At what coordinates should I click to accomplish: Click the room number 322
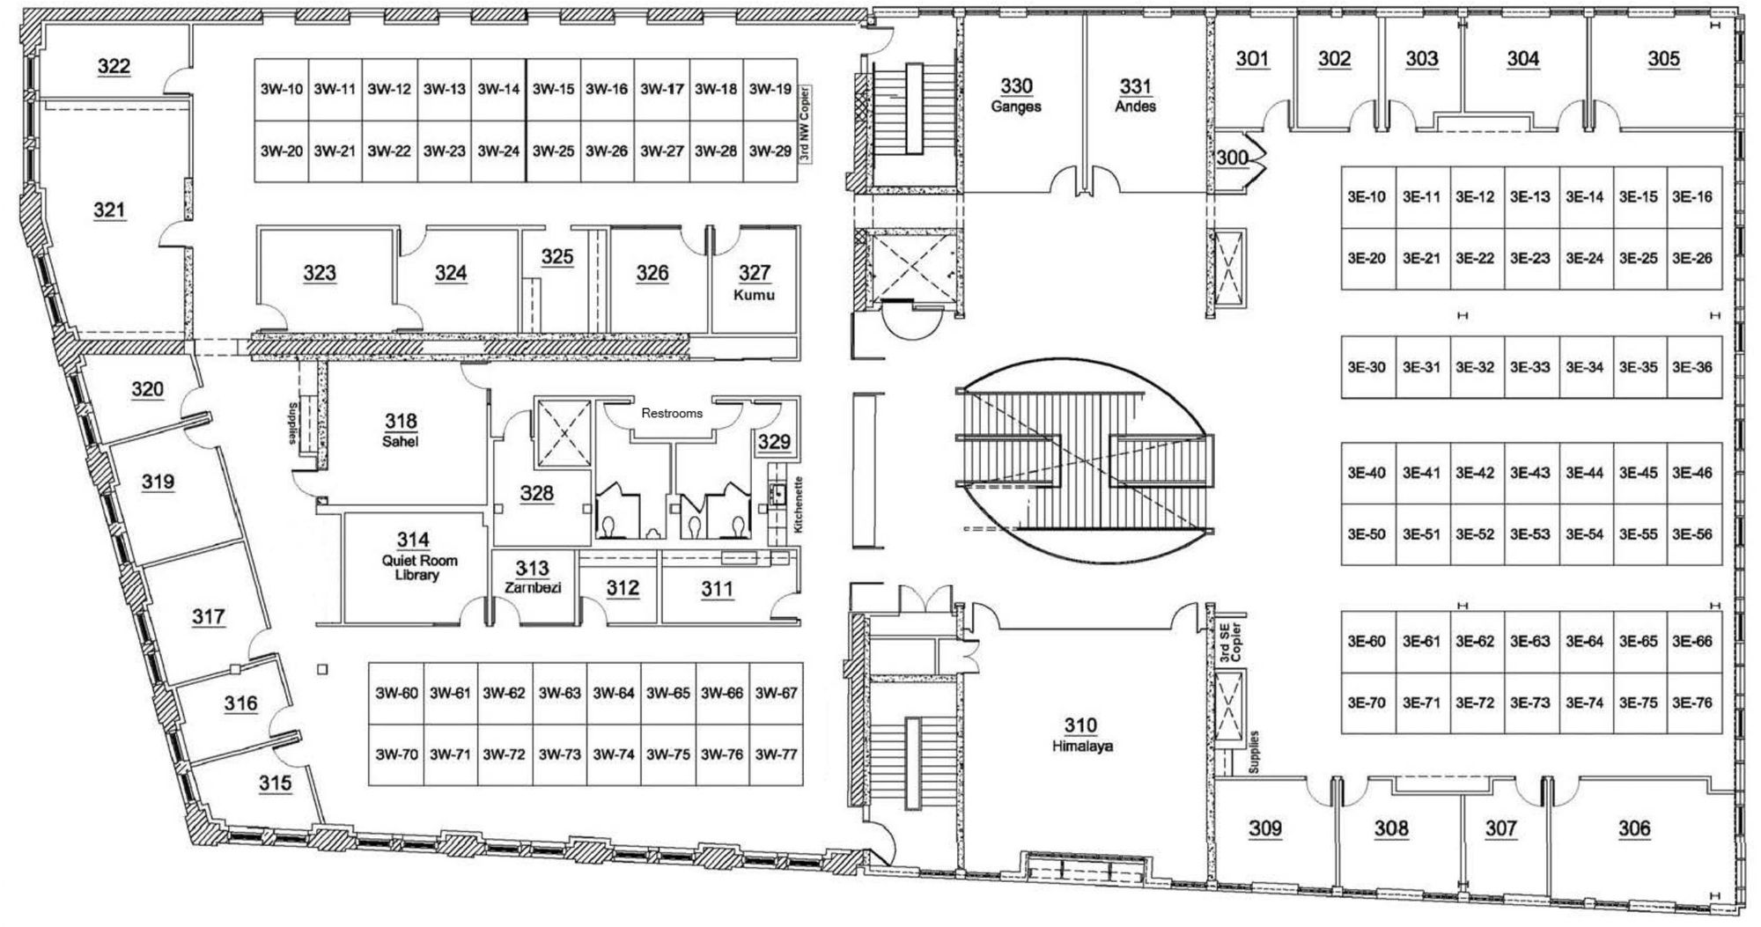(114, 66)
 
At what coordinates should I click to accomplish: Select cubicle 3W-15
(554, 89)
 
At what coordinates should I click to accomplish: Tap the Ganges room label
(1016, 107)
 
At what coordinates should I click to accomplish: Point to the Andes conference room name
(1135, 107)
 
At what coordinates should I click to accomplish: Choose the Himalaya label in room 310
(1081, 746)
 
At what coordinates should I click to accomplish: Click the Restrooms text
(672, 413)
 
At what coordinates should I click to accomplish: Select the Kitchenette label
(799, 505)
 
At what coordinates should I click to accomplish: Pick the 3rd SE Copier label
(1230, 642)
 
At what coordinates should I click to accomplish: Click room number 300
(1233, 158)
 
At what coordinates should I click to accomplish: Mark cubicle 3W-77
(776, 754)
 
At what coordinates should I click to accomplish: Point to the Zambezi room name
(533, 587)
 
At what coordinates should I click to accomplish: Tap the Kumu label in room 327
(755, 295)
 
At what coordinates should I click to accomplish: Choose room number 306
(1634, 828)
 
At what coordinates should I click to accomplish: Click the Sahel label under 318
(400, 441)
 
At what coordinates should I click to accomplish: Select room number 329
(774, 442)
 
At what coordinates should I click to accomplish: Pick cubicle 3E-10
(1367, 197)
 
